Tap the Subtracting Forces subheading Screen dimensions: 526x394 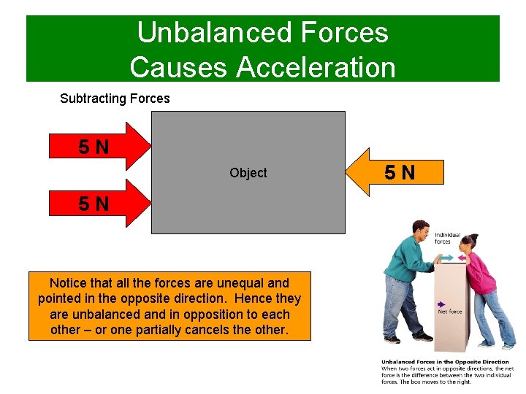coord(115,98)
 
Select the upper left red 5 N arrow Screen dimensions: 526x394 coord(99,147)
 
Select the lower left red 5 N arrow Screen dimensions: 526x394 coord(99,204)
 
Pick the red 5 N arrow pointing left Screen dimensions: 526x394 coord(398,173)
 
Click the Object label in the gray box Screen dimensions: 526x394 coord(248,173)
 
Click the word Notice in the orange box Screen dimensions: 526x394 coord(67,283)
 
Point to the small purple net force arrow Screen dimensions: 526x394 coord(441,304)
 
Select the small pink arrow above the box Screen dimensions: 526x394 coord(462,259)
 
